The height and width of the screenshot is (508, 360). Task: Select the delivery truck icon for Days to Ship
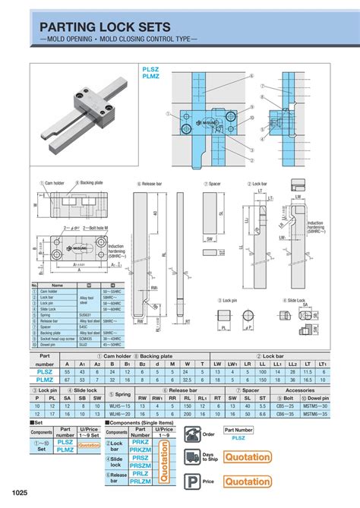(x=192, y=457)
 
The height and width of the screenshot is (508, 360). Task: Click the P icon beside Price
(x=192, y=481)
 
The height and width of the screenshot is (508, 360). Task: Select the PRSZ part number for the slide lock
(x=141, y=459)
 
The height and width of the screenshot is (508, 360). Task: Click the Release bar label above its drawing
(x=153, y=184)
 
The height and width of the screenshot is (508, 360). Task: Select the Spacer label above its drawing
(x=214, y=184)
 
